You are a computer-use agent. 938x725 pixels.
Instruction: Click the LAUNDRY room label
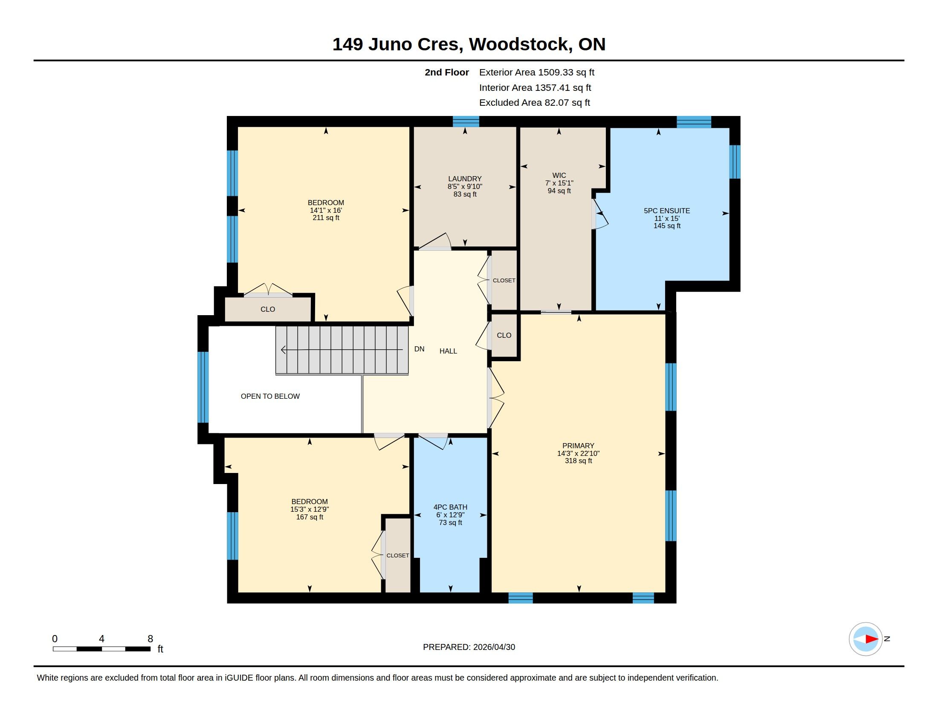(x=465, y=179)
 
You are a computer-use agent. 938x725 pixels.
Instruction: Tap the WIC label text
(x=559, y=175)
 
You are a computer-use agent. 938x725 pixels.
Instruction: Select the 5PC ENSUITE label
(x=666, y=211)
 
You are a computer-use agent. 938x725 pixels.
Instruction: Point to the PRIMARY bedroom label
(x=578, y=446)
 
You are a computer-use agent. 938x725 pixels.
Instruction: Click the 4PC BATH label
(x=450, y=507)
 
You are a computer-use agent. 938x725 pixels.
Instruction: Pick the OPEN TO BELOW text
(x=270, y=397)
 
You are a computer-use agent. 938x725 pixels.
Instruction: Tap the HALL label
(x=448, y=351)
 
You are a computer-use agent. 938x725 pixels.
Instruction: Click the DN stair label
(x=419, y=349)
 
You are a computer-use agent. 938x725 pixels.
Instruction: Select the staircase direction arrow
(x=342, y=350)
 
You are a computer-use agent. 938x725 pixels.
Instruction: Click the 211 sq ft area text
(x=326, y=218)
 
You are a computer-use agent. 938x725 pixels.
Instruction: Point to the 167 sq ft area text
(x=310, y=517)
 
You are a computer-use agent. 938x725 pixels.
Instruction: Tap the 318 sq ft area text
(x=578, y=461)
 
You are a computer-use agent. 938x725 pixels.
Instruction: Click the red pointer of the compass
(x=872, y=639)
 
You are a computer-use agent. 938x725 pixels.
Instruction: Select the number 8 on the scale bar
(x=151, y=639)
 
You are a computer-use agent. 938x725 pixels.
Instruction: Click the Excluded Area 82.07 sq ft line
(x=534, y=103)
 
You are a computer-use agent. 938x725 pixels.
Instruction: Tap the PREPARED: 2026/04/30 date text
(x=469, y=647)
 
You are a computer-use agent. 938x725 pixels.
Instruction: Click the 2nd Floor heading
(x=447, y=72)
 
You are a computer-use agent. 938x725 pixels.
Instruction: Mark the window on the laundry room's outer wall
(x=466, y=122)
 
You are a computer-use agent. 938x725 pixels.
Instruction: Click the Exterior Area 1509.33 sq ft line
(x=537, y=72)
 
